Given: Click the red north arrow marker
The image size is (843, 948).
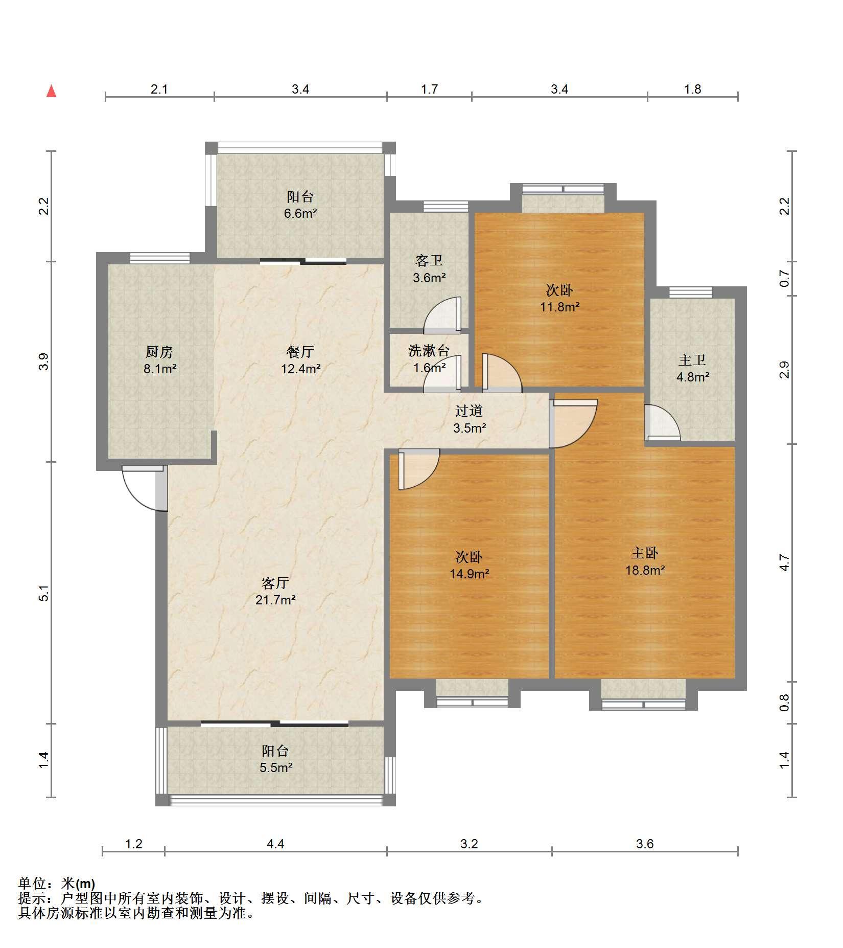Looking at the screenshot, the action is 51,91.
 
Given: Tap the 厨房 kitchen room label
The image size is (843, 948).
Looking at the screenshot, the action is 159,352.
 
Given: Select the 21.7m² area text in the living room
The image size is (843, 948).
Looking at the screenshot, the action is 275,600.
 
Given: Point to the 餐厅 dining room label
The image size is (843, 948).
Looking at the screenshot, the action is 300,352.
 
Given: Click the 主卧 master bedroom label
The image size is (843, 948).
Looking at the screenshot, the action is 645,553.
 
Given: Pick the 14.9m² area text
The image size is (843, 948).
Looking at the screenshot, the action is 469,574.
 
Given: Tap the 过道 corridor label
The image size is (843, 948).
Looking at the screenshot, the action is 469,411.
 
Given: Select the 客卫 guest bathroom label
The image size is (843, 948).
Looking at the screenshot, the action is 429,261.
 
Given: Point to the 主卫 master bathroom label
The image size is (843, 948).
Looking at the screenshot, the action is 692,360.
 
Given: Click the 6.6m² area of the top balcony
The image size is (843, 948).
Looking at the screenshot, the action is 300,213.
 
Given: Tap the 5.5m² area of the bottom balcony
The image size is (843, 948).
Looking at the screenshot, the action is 276,768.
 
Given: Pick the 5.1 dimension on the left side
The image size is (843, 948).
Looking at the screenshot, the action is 45,593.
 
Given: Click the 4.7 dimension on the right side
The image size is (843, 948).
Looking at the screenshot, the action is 785,563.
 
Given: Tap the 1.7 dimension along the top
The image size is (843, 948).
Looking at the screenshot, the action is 429,89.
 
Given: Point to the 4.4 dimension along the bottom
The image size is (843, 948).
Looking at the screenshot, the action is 275,844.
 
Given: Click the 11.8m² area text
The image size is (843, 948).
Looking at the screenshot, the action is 560,307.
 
